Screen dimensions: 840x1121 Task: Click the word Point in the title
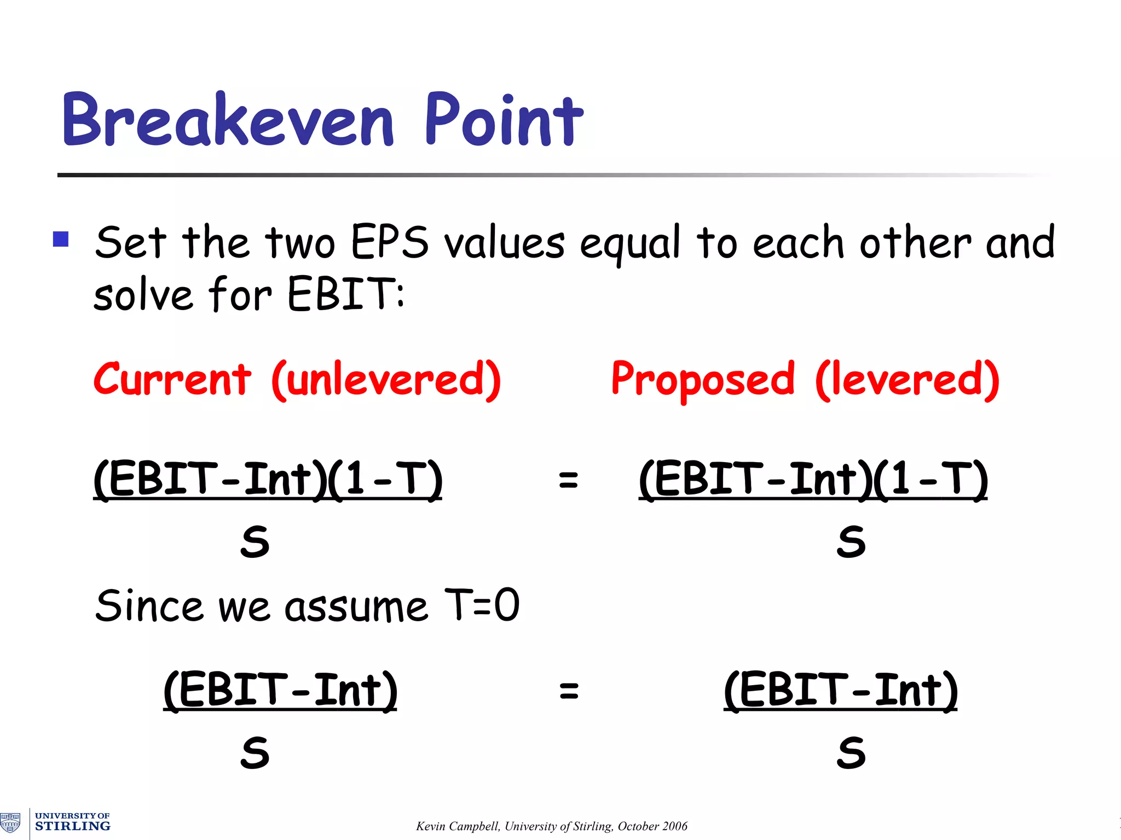tap(504, 120)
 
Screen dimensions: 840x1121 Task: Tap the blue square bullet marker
tap(61, 240)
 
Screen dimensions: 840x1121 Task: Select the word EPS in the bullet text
tap(389, 242)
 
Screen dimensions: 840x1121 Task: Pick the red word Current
tap(172, 379)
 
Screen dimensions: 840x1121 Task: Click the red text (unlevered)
tap(386, 380)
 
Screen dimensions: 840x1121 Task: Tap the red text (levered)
tap(907, 380)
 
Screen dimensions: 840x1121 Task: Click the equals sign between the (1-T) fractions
tap(568, 480)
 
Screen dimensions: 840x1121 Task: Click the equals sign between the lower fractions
tap(569, 690)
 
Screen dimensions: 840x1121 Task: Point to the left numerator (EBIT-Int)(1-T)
tap(268, 479)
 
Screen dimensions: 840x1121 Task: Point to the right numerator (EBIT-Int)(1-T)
tap(813, 479)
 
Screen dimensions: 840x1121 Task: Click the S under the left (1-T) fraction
tap(255, 542)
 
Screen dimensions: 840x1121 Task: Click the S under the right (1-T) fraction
tap(851, 542)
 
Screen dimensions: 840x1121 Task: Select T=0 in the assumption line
tap(482, 605)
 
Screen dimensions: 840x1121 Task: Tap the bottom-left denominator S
tap(255, 753)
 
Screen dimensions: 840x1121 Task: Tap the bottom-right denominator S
tap(851, 753)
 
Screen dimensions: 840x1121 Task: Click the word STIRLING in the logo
tap(72, 826)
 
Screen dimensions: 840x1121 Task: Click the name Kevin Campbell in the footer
tap(457, 826)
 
